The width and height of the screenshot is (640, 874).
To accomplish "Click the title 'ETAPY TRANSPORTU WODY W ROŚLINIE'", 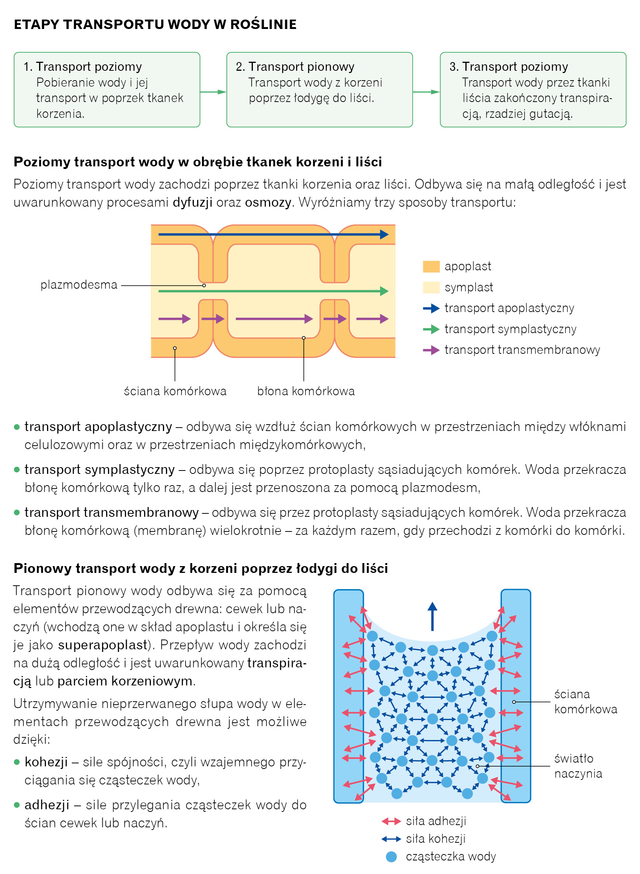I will click(x=155, y=24).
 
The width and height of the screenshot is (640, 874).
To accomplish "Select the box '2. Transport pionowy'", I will click(x=319, y=90).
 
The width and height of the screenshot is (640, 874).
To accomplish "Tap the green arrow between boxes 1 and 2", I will click(x=213, y=92).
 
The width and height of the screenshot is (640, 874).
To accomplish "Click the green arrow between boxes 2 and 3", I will click(x=426, y=92).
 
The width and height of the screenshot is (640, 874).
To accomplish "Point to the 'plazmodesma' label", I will click(x=79, y=285).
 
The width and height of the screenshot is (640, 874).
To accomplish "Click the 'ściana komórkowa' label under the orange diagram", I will click(x=175, y=391).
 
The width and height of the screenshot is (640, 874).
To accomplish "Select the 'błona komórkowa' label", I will click(x=306, y=391).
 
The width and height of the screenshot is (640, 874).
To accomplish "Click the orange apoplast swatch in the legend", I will click(x=431, y=266).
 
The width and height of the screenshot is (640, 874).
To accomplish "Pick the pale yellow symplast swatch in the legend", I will click(x=431, y=287).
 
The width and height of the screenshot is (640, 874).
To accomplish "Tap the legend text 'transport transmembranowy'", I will click(x=522, y=350).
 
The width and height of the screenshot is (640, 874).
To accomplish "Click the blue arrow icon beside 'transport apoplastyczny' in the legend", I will click(x=431, y=308).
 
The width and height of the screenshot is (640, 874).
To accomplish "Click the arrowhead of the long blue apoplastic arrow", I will click(x=384, y=234).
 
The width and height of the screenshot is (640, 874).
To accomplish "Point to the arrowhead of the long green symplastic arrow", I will click(x=384, y=291).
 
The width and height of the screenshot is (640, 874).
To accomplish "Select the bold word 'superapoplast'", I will click(x=103, y=644).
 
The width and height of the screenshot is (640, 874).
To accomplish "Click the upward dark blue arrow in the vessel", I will click(x=432, y=616).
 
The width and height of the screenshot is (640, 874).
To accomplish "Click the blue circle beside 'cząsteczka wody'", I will click(x=391, y=857).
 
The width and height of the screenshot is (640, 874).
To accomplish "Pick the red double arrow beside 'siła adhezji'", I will click(x=391, y=821).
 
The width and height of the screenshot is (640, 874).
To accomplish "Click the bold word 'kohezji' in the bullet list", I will click(x=46, y=761).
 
